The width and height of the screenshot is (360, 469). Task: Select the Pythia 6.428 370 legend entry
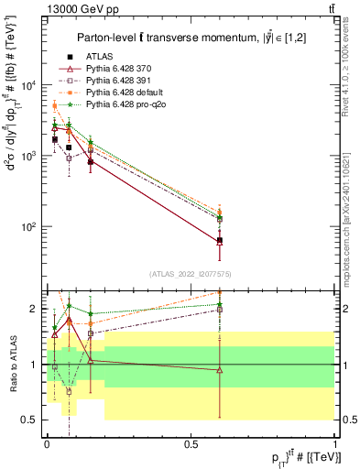tap(119, 70)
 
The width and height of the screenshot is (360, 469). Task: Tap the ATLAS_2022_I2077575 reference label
tap(191, 274)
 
